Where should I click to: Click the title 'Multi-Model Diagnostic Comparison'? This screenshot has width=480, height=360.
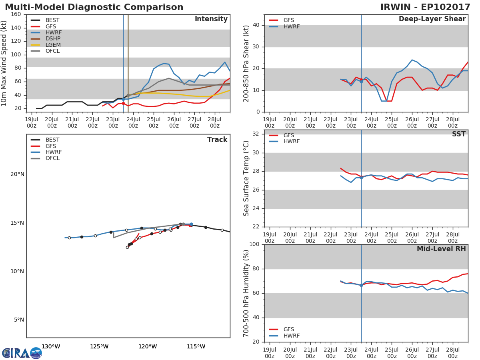pos(94,7)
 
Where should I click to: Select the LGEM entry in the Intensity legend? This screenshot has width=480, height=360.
pos(53,45)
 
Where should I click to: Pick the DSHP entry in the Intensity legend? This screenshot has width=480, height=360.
pos(53,39)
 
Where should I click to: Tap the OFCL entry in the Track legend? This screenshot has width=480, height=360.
pos(53,158)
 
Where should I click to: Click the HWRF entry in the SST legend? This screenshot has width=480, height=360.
pos(291,142)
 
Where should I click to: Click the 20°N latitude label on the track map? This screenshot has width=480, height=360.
pos(17,174)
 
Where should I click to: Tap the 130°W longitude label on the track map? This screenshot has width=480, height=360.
pos(51,347)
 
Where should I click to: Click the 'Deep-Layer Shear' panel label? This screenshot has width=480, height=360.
pos(432,19)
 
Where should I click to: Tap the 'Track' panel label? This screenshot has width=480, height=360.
pos(217,140)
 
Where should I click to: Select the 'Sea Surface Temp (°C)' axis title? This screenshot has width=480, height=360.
pos(246,178)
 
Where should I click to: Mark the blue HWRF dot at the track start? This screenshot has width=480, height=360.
pos(191,224)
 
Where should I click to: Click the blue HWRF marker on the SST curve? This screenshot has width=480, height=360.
pos(361,178)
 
